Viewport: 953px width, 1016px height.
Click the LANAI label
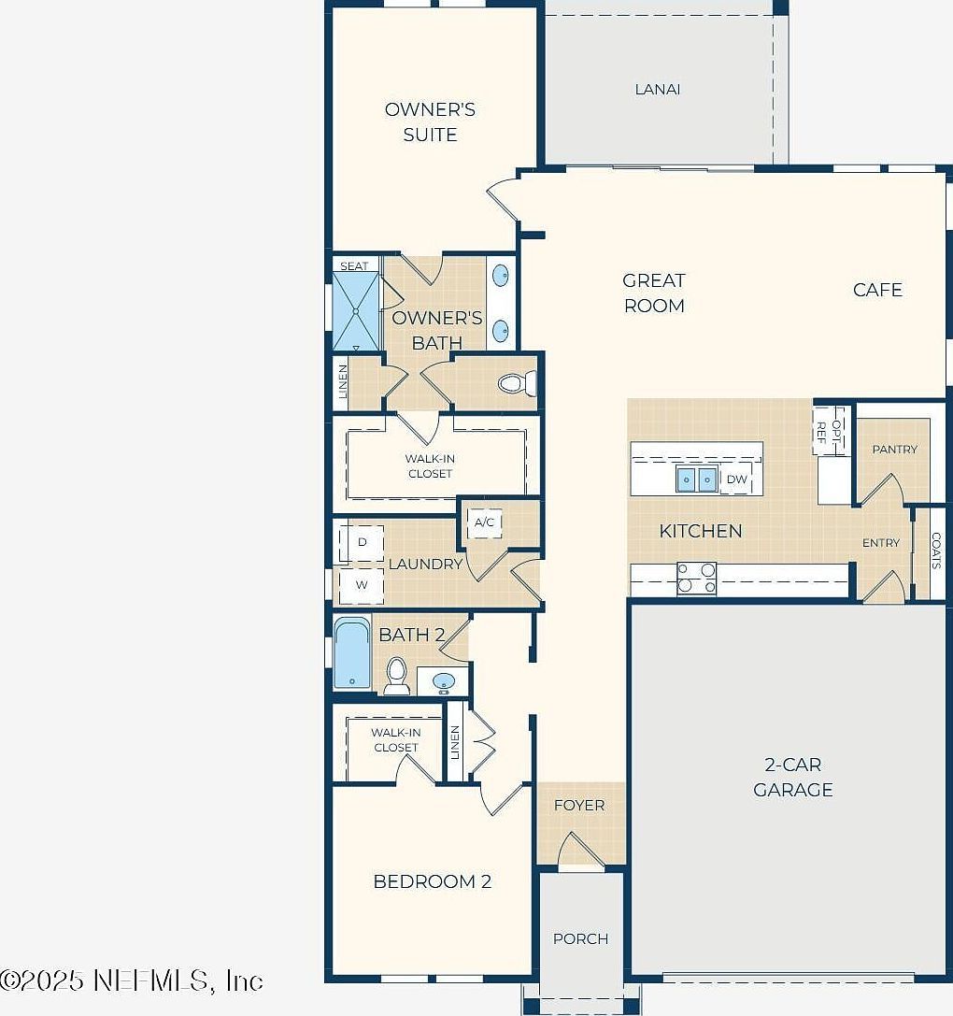tap(657, 90)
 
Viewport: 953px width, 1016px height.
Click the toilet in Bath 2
tap(397, 675)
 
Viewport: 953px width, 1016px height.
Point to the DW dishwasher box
tap(737, 479)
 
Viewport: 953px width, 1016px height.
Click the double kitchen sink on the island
tap(697, 479)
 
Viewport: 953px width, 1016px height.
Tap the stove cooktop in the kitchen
tap(696, 579)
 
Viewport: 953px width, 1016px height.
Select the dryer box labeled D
tap(363, 542)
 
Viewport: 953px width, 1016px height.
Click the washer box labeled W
tap(362, 586)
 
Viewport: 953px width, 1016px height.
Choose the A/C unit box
tap(484, 522)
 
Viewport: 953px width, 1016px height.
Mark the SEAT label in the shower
tap(354, 266)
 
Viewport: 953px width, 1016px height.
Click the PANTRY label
tap(894, 450)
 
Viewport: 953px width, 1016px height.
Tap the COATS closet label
tap(936, 551)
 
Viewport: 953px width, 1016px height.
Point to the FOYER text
tap(579, 805)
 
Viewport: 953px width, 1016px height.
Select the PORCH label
tap(580, 938)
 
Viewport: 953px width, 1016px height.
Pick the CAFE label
tap(877, 290)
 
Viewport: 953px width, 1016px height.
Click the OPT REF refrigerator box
tap(829, 430)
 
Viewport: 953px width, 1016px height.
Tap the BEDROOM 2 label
tap(432, 881)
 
